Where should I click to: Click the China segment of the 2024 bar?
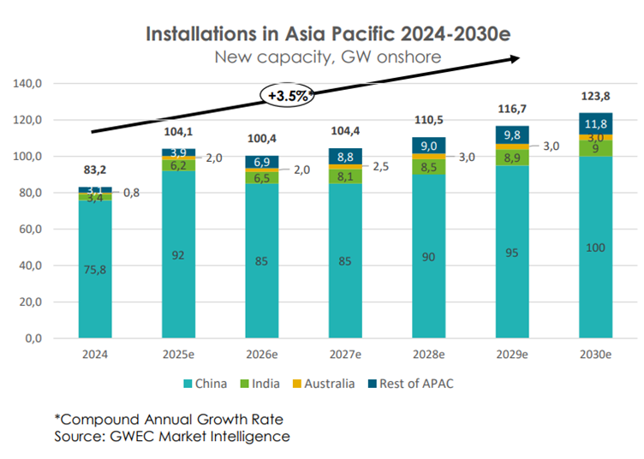tap(95, 269)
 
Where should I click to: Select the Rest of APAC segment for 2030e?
tap(595, 122)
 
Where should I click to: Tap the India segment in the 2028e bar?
tap(429, 166)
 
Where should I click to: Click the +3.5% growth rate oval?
tap(289, 96)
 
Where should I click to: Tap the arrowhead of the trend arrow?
tap(516, 57)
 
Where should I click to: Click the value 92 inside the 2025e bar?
tap(179, 254)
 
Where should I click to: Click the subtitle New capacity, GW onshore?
tap(328, 57)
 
